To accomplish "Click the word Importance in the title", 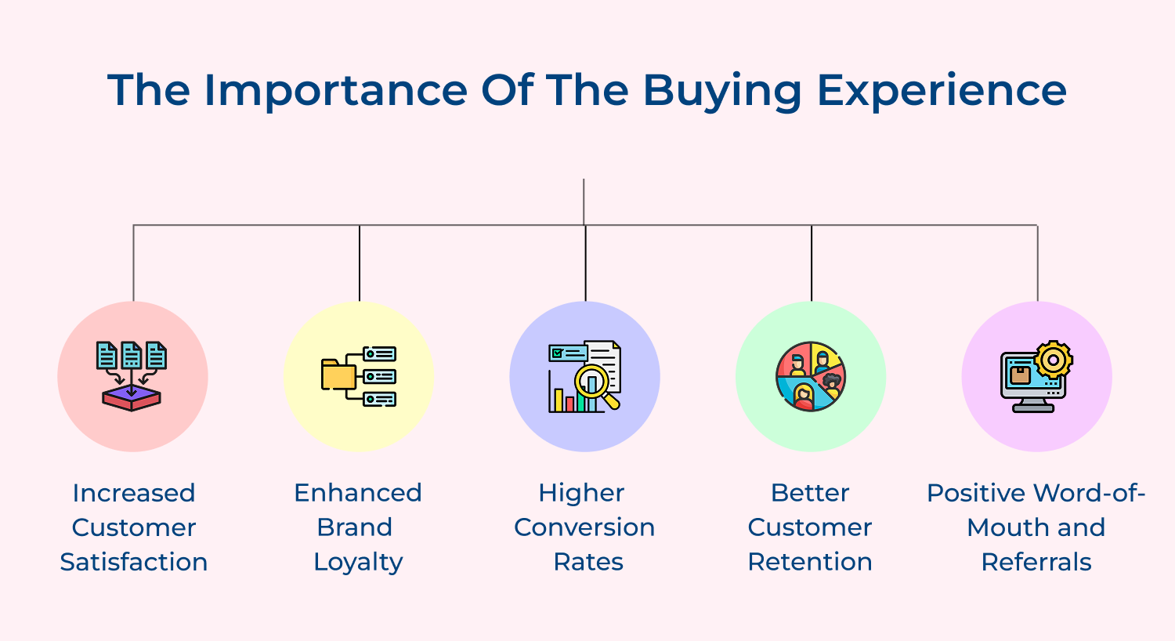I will [x=335, y=91].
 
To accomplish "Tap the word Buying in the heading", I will [x=722, y=91].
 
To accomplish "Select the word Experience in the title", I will [x=942, y=91].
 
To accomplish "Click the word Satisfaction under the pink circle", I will [x=133, y=562].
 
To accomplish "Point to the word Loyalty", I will [x=358, y=563].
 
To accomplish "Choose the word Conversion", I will [x=584, y=527].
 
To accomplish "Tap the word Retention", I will [x=810, y=562].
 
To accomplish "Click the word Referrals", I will [x=1036, y=562].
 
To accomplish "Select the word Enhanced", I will [x=358, y=493].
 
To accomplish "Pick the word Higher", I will [x=581, y=493].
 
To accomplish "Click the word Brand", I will [x=355, y=527].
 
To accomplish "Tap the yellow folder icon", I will [x=338, y=375].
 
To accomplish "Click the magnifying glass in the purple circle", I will [x=595, y=384].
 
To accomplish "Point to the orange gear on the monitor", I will [x=1053, y=360].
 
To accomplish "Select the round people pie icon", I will [x=811, y=377].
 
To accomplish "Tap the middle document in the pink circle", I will [x=132, y=356].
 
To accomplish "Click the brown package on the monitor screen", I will [x=1020, y=375].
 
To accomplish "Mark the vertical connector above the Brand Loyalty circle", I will [x=360, y=263].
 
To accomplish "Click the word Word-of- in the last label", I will [x=1090, y=493].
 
